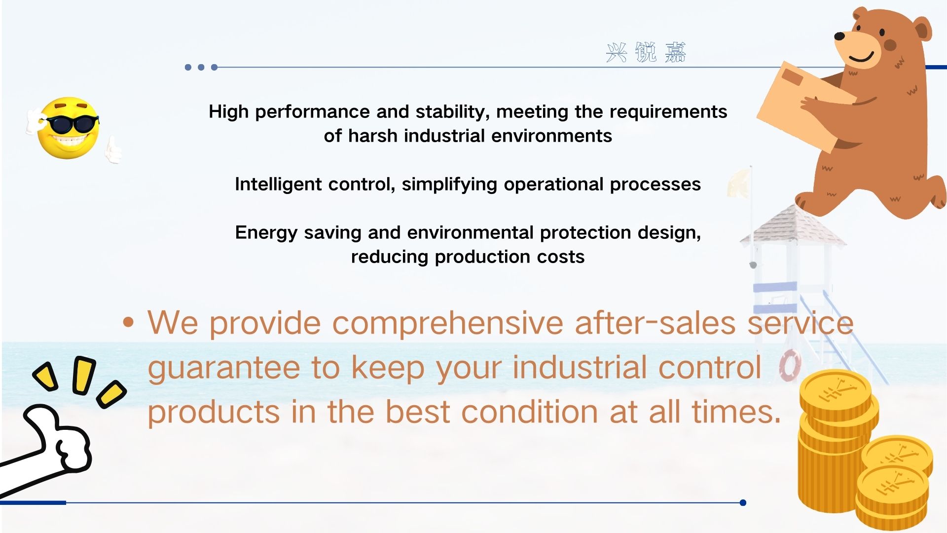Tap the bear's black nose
839,36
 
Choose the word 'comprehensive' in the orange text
447,324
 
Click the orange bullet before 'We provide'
128,323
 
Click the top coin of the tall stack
835,392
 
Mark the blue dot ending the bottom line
743,503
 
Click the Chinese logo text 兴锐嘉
646,52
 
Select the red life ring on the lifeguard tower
790,365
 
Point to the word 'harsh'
372,136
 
